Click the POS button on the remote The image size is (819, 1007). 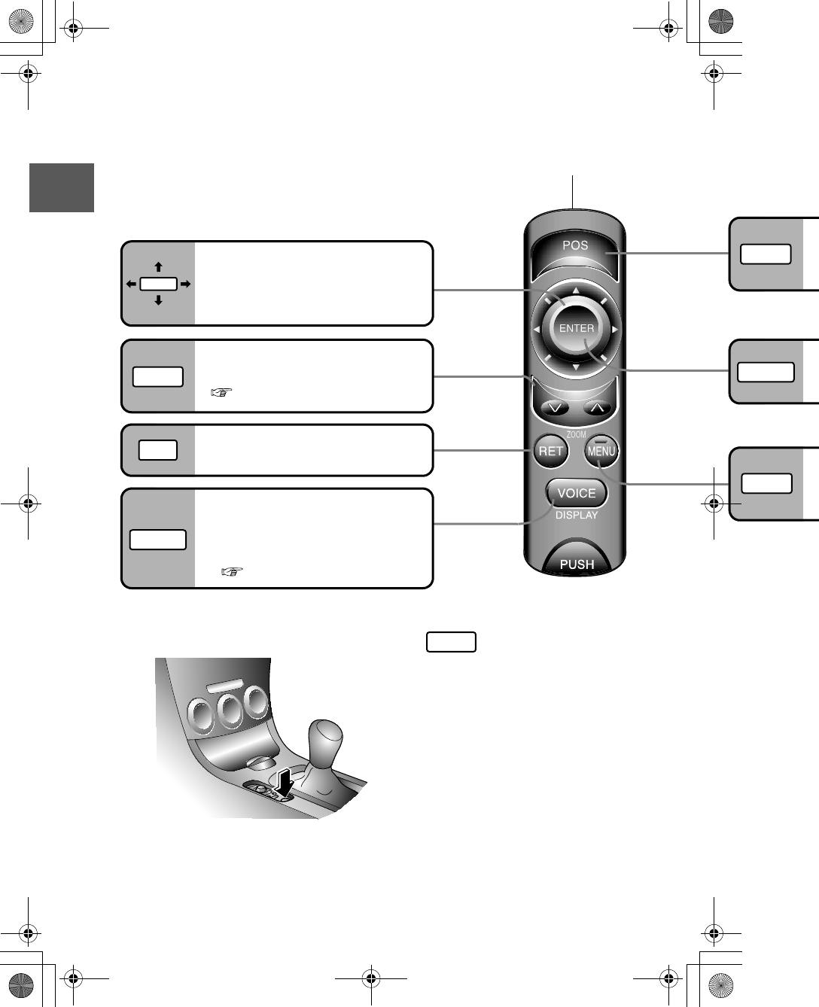click(575, 246)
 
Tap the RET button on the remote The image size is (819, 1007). click(550, 452)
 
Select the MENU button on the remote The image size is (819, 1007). click(601, 452)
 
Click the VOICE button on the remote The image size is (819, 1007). click(576, 494)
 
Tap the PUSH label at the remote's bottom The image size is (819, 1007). click(577, 564)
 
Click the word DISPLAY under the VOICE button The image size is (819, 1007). click(577, 516)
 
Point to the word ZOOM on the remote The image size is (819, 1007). click(576, 435)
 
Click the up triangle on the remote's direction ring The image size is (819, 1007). click(575, 291)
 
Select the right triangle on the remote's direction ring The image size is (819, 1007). click(615, 330)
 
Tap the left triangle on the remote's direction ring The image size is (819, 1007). click(536, 330)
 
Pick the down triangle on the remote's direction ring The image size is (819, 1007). click(575, 368)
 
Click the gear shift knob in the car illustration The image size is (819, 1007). click(324, 739)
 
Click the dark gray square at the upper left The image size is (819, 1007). click(62, 187)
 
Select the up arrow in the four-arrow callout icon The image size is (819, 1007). click(158, 267)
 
